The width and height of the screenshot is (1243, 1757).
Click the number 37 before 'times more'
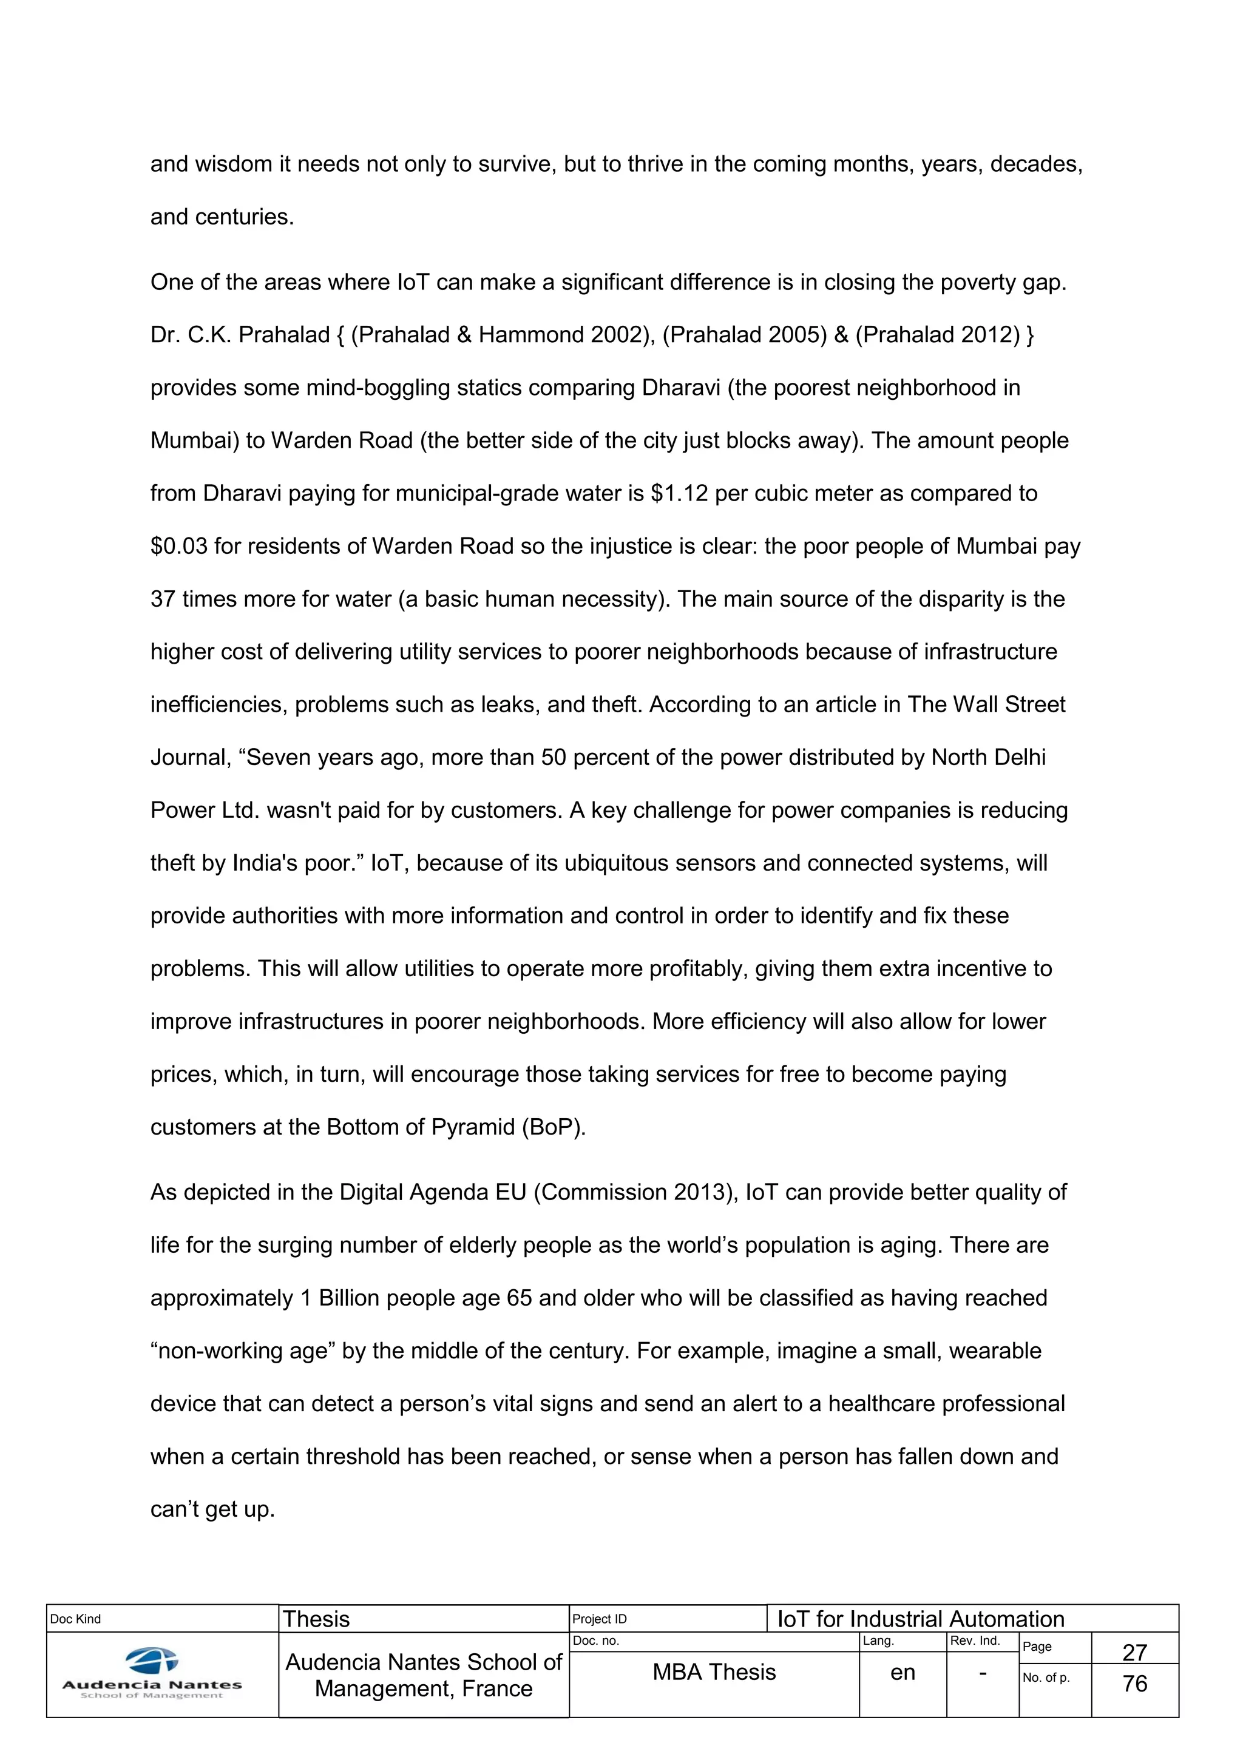pos(162,599)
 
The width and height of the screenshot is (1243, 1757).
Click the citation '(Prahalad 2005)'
pos(744,335)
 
